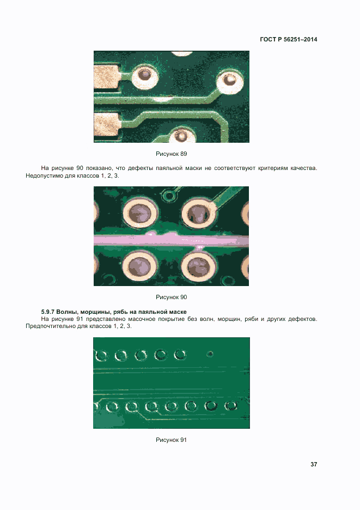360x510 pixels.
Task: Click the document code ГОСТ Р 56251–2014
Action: [x=289, y=39]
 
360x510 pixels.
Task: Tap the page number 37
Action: [x=314, y=464]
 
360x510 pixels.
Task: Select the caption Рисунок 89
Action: [x=172, y=154]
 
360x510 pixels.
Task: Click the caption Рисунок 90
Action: [x=172, y=297]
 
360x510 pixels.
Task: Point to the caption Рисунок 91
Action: [x=172, y=440]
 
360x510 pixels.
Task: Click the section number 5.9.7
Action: [x=47, y=312]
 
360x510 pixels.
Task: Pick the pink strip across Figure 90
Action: [x=172, y=240]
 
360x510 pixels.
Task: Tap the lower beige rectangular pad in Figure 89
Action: [x=107, y=124]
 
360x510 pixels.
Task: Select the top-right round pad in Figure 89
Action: [x=230, y=80]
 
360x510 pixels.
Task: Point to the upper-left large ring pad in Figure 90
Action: [x=140, y=214]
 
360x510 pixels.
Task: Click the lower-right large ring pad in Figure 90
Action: [x=198, y=266]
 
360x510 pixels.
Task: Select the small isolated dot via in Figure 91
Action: [x=210, y=354]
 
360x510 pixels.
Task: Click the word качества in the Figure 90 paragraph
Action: [x=303, y=168]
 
